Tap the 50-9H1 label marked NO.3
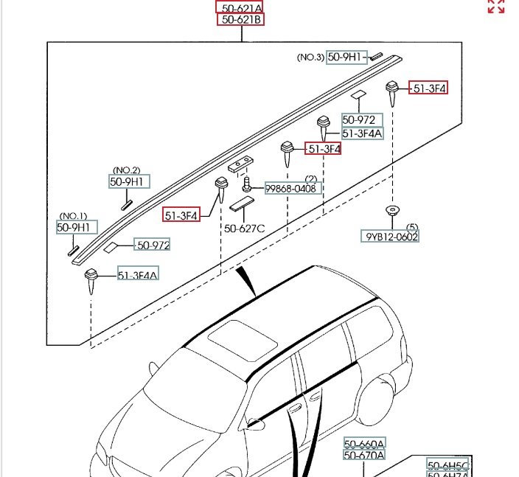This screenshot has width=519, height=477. [x=346, y=57]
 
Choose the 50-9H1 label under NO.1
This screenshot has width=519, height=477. [x=77, y=228]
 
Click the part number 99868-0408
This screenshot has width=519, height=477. [x=290, y=189]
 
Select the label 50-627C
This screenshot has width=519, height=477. [x=243, y=229]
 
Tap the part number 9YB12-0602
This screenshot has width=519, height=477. [x=389, y=237]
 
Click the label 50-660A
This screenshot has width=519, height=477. [x=364, y=445]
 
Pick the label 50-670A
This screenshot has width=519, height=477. [x=364, y=456]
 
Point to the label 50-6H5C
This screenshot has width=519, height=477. [x=448, y=465]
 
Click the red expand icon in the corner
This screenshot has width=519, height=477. [x=496, y=7]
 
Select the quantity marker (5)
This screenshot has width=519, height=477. [x=412, y=226]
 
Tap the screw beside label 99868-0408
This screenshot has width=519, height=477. [x=249, y=182]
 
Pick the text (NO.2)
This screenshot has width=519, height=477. [x=126, y=170]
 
